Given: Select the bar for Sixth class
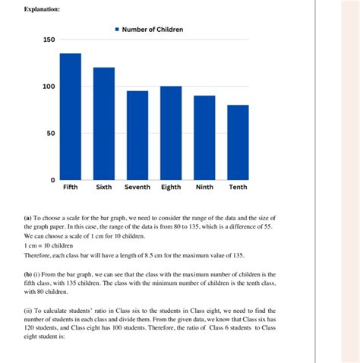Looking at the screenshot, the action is click(x=104, y=123).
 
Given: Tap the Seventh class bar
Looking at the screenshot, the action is click(x=137, y=135).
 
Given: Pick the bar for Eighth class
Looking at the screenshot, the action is click(x=171, y=133).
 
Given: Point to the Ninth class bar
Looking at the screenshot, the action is click(x=204, y=137).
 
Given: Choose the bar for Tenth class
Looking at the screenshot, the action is click(x=238, y=142).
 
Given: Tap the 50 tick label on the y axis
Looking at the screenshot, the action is click(x=49, y=134).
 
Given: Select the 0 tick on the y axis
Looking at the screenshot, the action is click(x=52, y=180).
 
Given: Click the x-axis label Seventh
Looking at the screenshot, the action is click(x=137, y=188).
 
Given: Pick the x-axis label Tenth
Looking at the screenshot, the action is click(x=238, y=188).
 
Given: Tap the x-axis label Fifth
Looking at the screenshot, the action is click(x=71, y=188).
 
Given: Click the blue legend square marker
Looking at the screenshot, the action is click(x=117, y=30).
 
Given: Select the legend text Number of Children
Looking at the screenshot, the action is click(x=155, y=30).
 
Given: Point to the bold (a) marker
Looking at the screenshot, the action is click(x=29, y=218).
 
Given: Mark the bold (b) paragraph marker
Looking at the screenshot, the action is click(x=29, y=274).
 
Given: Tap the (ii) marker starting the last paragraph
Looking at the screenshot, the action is click(x=30, y=311).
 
